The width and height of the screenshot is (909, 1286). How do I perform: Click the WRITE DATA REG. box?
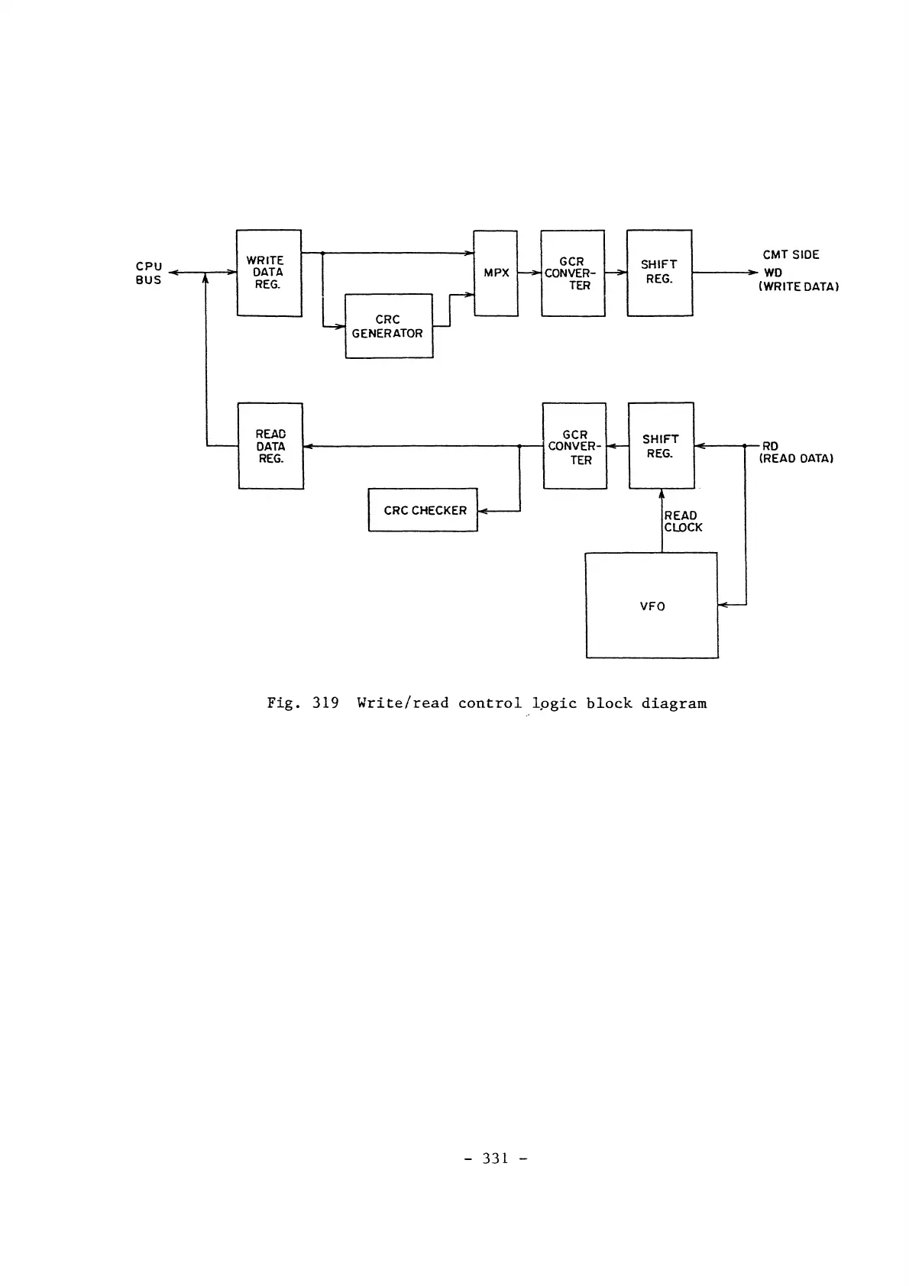(269, 273)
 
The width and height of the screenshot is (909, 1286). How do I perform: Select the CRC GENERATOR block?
(389, 326)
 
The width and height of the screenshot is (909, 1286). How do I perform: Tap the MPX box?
(496, 273)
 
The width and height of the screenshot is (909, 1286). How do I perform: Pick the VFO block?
(652, 606)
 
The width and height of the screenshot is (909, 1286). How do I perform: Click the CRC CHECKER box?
(422, 510)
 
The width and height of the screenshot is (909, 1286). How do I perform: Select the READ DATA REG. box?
(270, 446)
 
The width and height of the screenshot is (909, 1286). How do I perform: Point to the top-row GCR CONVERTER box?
(572, 273)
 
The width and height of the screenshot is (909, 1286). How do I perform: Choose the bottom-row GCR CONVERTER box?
(574, 446)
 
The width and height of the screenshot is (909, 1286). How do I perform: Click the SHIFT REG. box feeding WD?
(659, 273)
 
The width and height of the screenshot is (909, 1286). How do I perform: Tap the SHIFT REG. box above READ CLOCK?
(661, 446)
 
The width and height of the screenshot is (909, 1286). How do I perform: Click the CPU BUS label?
(149, 273)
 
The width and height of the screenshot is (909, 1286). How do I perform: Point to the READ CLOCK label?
(683, 522)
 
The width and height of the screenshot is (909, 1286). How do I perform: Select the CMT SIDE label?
(791, 254)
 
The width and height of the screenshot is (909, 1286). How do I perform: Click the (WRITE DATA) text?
(799, 287)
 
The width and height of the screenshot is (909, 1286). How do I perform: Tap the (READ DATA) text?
(795, 459)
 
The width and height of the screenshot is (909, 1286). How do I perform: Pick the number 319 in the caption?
(325, 703)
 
